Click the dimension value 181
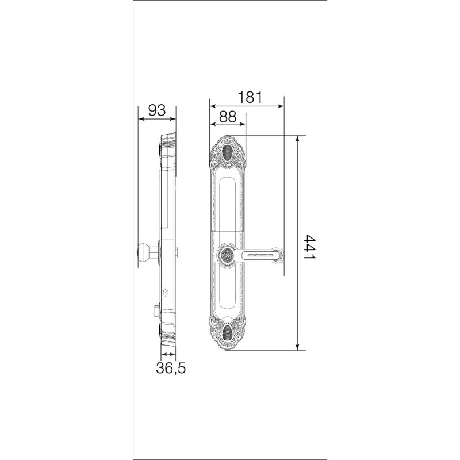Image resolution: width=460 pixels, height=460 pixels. [250, 97]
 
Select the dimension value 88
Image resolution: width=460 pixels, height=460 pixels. [228, 117]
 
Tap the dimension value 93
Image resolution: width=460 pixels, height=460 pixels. [157, 110]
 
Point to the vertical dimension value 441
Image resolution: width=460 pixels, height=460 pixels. [309, 247]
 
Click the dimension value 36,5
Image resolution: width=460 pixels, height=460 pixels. [171, 368]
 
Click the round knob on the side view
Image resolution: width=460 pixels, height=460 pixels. [143, 252]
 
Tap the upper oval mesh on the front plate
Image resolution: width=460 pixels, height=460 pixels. [227, 152]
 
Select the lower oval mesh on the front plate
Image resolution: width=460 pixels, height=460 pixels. [227, 333]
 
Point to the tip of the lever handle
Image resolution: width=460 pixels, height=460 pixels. [283, 254]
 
